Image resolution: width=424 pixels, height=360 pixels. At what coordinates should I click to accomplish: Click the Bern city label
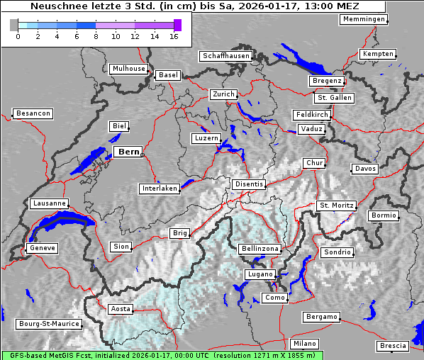[x=128, y=152]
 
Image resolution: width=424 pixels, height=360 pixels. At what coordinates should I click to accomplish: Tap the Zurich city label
[x=223, y=94]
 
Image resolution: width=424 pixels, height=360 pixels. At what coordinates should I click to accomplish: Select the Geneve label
[x=41, y=248]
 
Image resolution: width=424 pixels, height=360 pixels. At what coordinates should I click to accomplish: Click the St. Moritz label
[x=335, y=206]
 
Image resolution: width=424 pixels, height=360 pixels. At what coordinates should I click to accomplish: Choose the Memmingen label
[x=364, y=19]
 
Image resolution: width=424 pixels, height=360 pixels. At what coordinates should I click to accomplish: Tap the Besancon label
[x=33, y=113]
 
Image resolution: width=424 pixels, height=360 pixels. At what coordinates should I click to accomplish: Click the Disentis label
[x=249, y=184]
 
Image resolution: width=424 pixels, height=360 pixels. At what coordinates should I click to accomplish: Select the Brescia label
[x=393, y=346]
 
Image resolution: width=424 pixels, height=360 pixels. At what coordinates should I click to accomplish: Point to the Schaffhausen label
[x=225, y=55]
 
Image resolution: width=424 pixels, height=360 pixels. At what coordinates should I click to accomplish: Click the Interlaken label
[x=159, y=189]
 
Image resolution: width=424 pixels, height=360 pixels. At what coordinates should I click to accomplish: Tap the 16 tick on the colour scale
[x=174, y=35]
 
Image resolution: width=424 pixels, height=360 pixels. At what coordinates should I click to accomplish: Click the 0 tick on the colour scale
[x=17, y=35]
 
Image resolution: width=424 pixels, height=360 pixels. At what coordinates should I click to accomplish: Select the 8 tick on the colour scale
[x=96, y=35]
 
